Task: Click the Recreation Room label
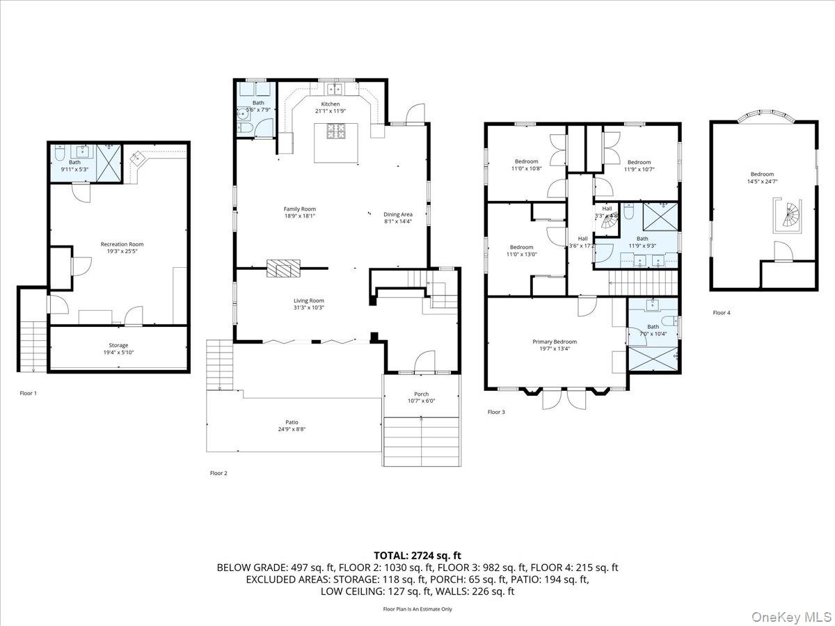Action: click(x=122, y=244)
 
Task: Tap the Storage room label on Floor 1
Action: click(x=118, y=345)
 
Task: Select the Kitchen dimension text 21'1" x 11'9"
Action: click(x=331, y=111)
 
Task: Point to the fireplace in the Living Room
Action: click(x=283, y=268)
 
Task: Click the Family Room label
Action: click(x=299, y=209)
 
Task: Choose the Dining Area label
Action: click(x=398, y=214)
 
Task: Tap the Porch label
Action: click(x=421, y=394)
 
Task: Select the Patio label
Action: click(x=292, y=422)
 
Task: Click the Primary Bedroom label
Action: click(x=555, y=342)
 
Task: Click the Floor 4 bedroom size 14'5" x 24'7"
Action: click(x=761, y=182)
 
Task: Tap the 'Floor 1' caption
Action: click(x=29, y=393)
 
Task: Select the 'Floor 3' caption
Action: click(x=496, y=412)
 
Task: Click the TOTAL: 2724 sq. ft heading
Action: click(x=417, y=555)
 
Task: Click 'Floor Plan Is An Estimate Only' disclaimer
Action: click(x=417, y=609)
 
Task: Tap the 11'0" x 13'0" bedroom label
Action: click(x=521, y=254)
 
